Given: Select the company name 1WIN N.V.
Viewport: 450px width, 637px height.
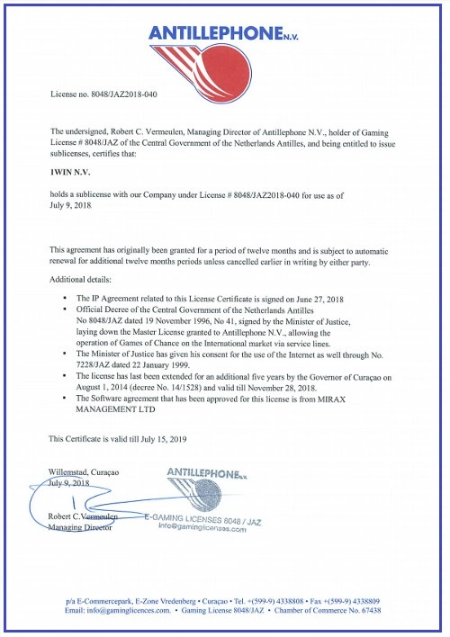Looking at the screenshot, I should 74,168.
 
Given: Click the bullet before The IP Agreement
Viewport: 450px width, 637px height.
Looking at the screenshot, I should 66,296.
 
